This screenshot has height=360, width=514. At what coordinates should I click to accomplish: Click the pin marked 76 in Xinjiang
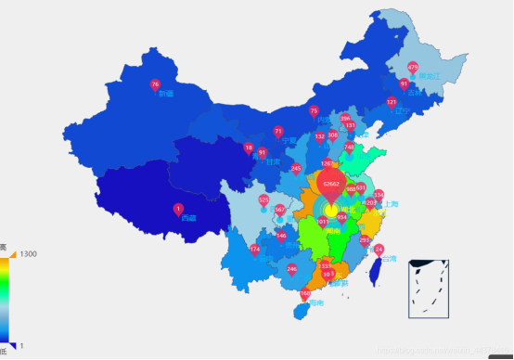point(155,85)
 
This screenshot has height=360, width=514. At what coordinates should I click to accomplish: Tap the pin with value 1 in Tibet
point(178,209)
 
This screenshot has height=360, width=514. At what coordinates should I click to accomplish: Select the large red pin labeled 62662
point(331,184)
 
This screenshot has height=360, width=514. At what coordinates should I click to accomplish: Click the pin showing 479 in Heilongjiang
point(413,68)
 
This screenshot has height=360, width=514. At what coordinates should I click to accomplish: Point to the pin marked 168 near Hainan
point(305,294)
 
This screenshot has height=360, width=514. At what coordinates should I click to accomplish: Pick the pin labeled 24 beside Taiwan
point(379,250)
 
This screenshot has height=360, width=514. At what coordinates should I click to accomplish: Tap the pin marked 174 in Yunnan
point(255,249)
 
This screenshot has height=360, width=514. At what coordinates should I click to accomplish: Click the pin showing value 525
point(263,200)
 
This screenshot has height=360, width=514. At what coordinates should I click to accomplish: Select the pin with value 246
point(292,269)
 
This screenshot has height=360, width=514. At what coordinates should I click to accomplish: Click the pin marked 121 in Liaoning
point(392,102)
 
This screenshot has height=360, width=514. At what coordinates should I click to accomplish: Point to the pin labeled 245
point(296,168)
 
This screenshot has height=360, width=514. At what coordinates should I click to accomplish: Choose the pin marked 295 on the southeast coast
point(365,240)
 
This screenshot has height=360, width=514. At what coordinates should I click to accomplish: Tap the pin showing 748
point(349,147)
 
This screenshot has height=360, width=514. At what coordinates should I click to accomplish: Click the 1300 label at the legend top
point(29,254)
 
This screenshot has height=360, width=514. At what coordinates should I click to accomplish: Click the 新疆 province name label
point(166,94)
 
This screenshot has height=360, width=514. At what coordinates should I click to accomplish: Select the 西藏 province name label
point(188,218)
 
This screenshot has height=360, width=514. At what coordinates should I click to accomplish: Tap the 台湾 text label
point(392,259)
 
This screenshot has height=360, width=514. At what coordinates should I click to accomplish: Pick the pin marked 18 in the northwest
point(248,148)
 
